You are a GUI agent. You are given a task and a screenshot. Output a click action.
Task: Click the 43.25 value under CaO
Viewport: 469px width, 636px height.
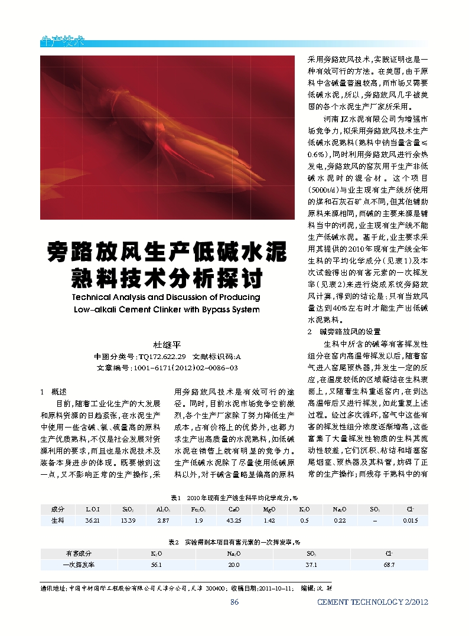click(x=234, y=521)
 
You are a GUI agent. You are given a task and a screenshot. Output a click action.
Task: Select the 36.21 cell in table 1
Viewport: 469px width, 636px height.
click(x=92, y=521)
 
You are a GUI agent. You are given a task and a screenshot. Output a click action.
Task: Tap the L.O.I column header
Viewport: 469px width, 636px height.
click(x=92, y=508)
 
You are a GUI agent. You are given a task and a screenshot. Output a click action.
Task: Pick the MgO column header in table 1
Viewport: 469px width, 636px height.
click(x=269, y=508)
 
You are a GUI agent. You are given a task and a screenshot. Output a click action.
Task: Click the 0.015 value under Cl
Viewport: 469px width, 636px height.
click(x=410, y=521)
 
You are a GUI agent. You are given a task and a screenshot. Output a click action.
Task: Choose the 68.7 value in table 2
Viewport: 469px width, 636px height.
click(x=389, y=565)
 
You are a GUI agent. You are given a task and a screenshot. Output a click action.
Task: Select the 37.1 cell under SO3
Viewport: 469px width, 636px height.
click(x=311, y=565)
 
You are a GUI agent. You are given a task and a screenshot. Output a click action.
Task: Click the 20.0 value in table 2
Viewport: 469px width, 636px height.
click(x=234, y=565)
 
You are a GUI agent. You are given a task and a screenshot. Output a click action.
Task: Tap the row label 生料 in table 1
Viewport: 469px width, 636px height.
click(x=57, y=521)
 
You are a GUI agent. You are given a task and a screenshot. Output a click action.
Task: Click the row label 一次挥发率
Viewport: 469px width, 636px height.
click(x=79, y=565)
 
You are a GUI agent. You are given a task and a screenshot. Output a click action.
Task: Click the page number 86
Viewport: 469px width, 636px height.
click(x=234, y=602)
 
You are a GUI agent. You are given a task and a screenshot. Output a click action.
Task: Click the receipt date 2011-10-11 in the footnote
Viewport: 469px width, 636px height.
click(x=276, y=588)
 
